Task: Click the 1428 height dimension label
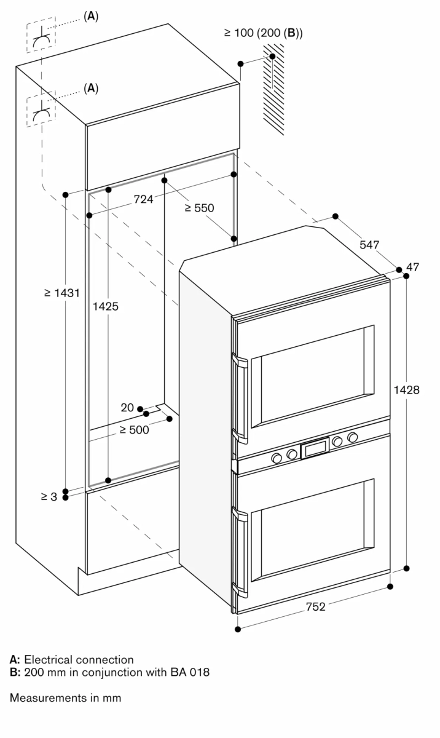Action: [x=407, y=389]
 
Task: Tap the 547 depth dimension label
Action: [x=369, y=245]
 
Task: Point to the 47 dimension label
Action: [x=412, y=267]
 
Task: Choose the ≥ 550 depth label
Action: [x=199, y=208]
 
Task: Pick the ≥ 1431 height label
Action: [x=62, y=293]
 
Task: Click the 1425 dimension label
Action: [x=108, y=306]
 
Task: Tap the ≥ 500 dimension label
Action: [x=134, y=430]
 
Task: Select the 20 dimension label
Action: [x=127, y=408]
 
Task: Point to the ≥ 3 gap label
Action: [x=49, y=496]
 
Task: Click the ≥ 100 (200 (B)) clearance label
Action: [x=263, y=33]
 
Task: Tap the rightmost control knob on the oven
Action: [x=353, y=437]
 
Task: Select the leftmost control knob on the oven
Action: [x=277, y=458]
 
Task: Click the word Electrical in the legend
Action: [x=48, y=660]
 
